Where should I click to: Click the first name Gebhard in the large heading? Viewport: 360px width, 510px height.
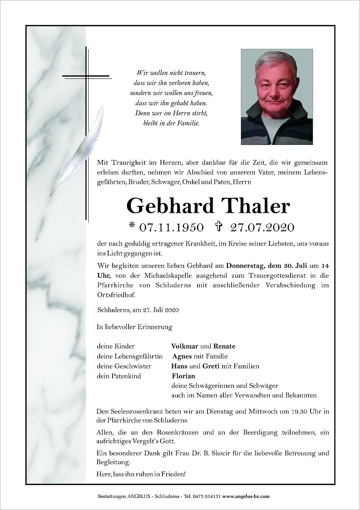coord(170,206)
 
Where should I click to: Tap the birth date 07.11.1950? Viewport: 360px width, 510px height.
coord(172,227)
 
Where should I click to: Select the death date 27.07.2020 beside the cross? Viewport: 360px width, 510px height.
coord(262,227)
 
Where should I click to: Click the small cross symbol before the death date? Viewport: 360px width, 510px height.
coord(219,227)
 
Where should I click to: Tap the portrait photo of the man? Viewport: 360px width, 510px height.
coord(277,97)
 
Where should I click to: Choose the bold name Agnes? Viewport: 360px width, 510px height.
coord(182,356)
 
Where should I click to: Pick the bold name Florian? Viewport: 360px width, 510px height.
coord(183,376)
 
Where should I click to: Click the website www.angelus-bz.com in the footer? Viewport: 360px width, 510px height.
coord(246,496)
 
